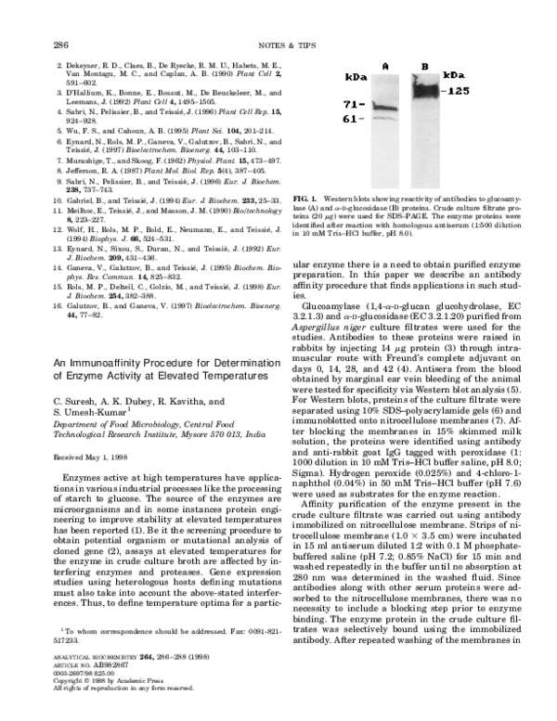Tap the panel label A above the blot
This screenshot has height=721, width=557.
383,66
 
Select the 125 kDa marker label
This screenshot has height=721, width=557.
457,91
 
